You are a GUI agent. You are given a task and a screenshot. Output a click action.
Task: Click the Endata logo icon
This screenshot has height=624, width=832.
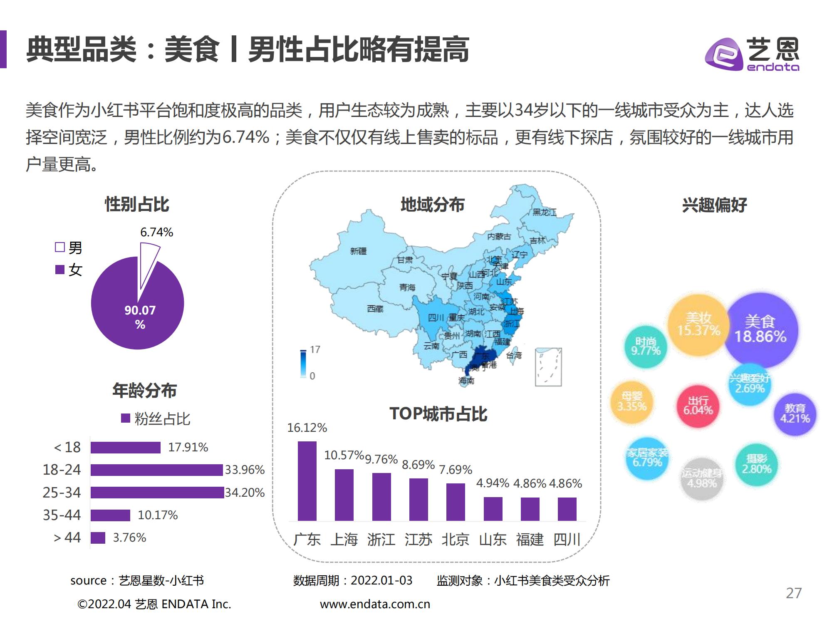point(724,54)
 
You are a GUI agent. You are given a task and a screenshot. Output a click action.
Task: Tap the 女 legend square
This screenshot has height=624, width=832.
point(60,270)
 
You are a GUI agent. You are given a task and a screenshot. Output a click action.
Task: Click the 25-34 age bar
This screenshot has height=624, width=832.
point(157,493)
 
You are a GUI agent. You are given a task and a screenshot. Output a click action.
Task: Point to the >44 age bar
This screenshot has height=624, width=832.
point(98,537)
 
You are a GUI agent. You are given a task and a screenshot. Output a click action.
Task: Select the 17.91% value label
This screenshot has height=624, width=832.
point(188,447)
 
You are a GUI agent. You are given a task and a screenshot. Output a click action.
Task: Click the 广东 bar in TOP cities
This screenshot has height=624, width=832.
point(307,481)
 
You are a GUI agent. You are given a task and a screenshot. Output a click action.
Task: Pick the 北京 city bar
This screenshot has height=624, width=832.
point(456,502)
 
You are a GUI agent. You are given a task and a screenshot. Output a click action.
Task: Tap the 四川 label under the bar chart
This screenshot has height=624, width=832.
point(567,540)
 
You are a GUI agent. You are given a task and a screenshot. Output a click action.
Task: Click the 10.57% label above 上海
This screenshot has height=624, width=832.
point(344,455)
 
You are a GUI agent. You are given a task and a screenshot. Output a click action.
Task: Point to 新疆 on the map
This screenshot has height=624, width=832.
point(358,251)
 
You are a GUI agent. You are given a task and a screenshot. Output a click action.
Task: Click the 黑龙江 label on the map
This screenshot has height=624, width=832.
point(544,212)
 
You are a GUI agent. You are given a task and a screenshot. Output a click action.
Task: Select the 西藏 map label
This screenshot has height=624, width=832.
point(375,309)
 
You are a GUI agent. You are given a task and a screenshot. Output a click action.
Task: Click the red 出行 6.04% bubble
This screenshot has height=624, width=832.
point(698,406)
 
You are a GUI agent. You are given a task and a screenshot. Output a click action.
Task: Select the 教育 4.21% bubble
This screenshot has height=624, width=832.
point(795,414)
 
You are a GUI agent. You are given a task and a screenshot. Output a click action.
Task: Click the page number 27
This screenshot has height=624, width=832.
point(793,593)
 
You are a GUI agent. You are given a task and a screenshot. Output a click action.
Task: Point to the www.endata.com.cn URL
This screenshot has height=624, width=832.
point(375,604)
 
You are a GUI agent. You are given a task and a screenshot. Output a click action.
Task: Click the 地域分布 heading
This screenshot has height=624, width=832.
point(432,205)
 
